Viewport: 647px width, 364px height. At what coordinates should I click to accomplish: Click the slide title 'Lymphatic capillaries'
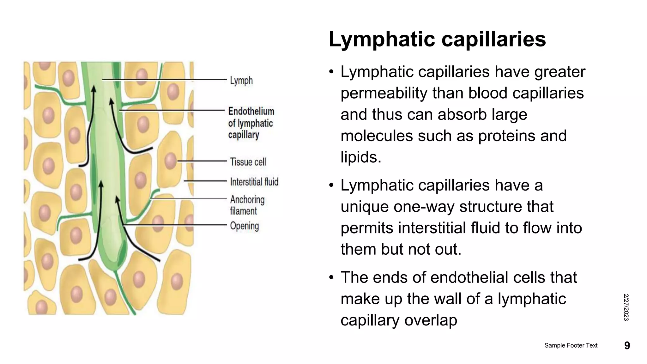437,39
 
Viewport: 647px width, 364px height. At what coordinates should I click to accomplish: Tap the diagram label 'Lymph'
241,81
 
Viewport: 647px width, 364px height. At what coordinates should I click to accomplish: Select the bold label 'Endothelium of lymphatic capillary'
251,123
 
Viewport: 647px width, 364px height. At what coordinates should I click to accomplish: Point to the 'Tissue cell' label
248,162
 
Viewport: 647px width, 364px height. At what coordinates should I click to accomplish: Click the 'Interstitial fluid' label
254,182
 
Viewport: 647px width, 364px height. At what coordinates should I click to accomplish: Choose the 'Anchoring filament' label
247,205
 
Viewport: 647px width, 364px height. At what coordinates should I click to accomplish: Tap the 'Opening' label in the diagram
244,226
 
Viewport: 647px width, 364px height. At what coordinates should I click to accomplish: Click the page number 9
627,345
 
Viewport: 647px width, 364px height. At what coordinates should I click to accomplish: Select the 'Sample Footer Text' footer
571,345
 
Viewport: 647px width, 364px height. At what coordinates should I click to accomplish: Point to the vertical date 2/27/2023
626,307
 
